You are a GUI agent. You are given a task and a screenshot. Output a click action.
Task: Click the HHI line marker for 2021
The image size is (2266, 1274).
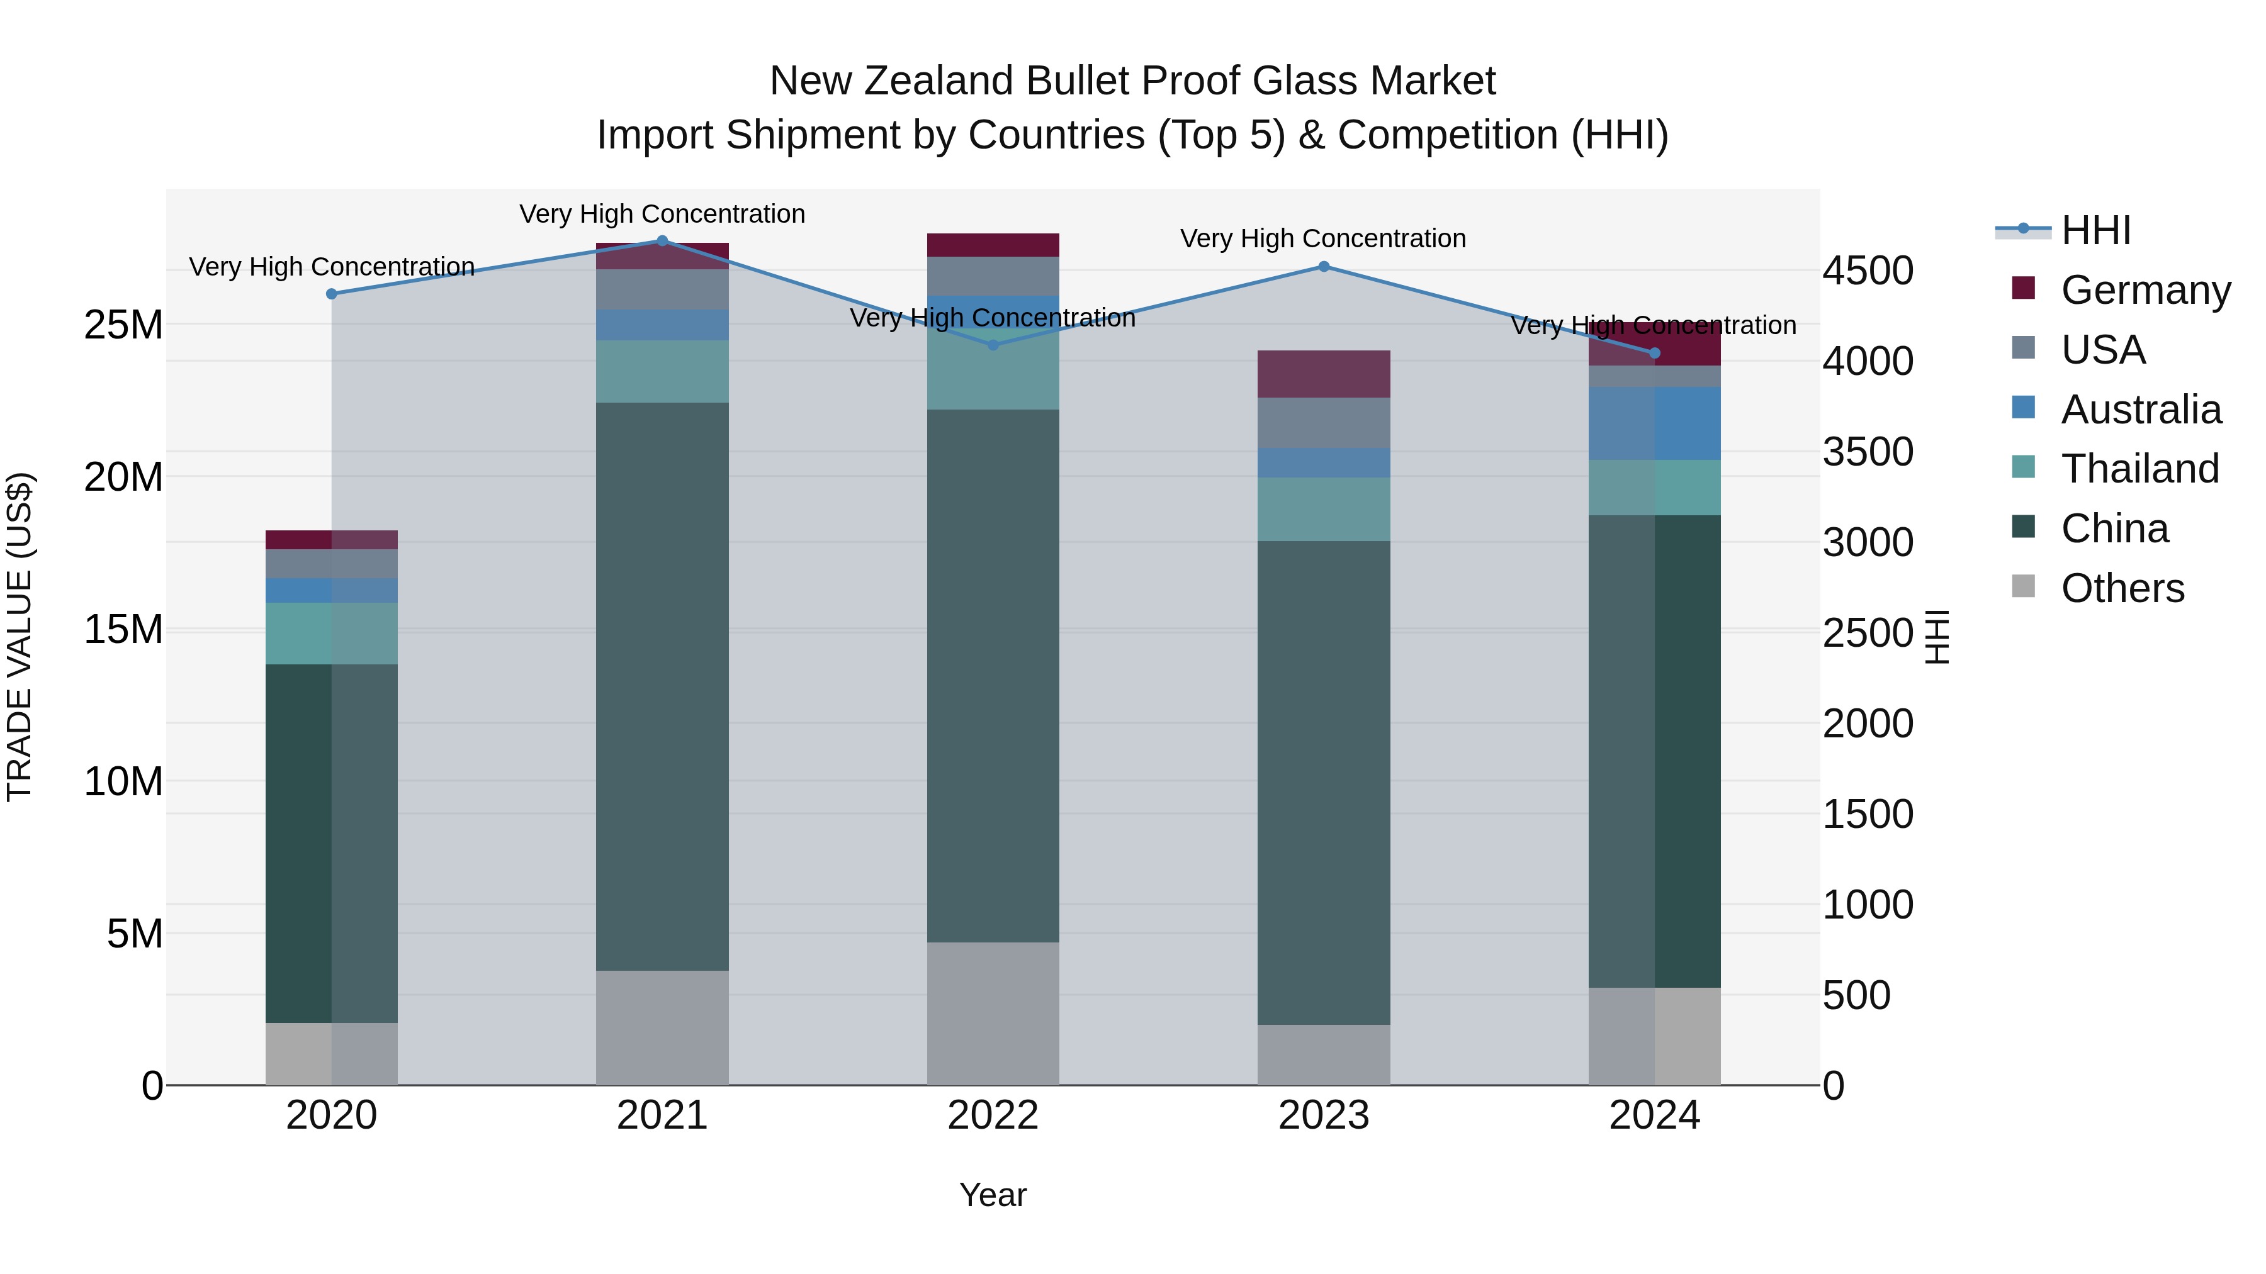click(x=662, y=241)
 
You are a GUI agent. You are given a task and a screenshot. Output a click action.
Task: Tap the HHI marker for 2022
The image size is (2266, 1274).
click(x=993, y=345)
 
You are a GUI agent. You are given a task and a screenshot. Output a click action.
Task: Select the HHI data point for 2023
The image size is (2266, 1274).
click(x=1324, y=266)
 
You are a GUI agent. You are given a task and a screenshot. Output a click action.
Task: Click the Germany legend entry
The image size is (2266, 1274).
click(x=2145, y=290)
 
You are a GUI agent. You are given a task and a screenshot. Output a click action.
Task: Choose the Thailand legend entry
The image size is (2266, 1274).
click(x=2139, y=469)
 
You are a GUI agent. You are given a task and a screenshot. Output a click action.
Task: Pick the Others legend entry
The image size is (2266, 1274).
click(x=2122, y=588)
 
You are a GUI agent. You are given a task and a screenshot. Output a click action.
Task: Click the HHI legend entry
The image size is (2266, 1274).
click(x=2095, y=230)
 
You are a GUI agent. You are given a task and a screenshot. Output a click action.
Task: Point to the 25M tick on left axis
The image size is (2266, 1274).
click(x=123, y=325)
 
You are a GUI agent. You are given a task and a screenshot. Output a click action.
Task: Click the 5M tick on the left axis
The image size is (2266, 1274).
click(x=135, y=934)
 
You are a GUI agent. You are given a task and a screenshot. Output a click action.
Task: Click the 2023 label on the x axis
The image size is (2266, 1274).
click(x=1324, y=1115)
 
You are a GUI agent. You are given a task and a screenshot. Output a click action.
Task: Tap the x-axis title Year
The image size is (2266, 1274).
click(x=993, y=1195)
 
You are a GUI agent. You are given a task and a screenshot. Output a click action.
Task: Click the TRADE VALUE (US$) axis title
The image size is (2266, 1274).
click(x=20, y=637)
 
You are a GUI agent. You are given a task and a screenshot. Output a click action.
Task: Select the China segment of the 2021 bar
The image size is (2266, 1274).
click(x=662, y=686)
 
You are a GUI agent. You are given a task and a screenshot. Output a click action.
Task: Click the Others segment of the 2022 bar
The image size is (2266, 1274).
click(x=993, y=1013)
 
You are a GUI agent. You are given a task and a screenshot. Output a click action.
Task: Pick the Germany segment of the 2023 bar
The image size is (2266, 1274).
click(x=1324, y=374)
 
